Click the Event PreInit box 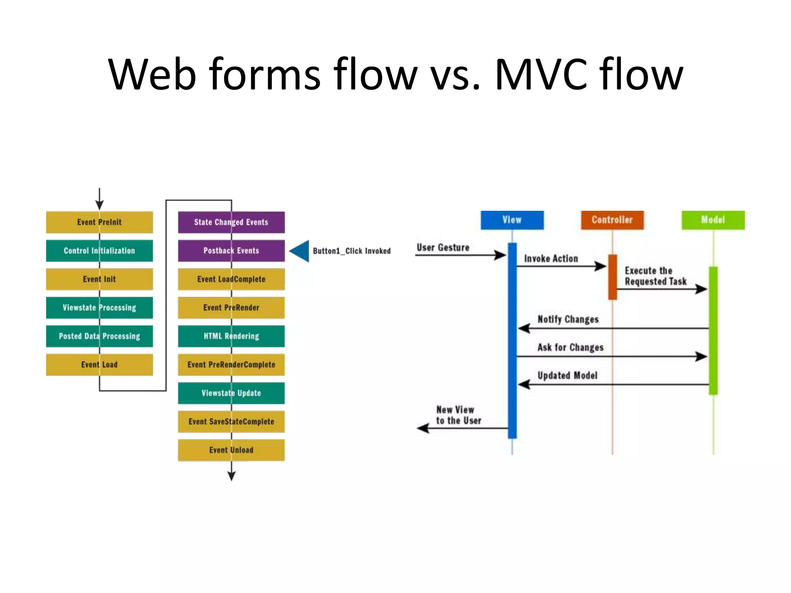pos(99,222)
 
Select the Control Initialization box pos(99,251)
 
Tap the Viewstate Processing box pos(99,308)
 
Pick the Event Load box pos(99,364)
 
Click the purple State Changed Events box pos(231,222)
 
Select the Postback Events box pos(231,251)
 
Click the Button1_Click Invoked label pos(351,251)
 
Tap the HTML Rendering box pos(231,336)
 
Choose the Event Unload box pos(231,450)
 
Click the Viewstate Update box pos(231,393)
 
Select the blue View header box pos(512,220)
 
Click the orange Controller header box pos(612,220)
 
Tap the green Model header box pos(713,220)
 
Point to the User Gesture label pos(443,247)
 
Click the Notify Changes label pos(568,319)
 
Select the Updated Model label pos(567,375)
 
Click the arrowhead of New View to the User pos(423,428)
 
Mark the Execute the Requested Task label pos(655,276)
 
